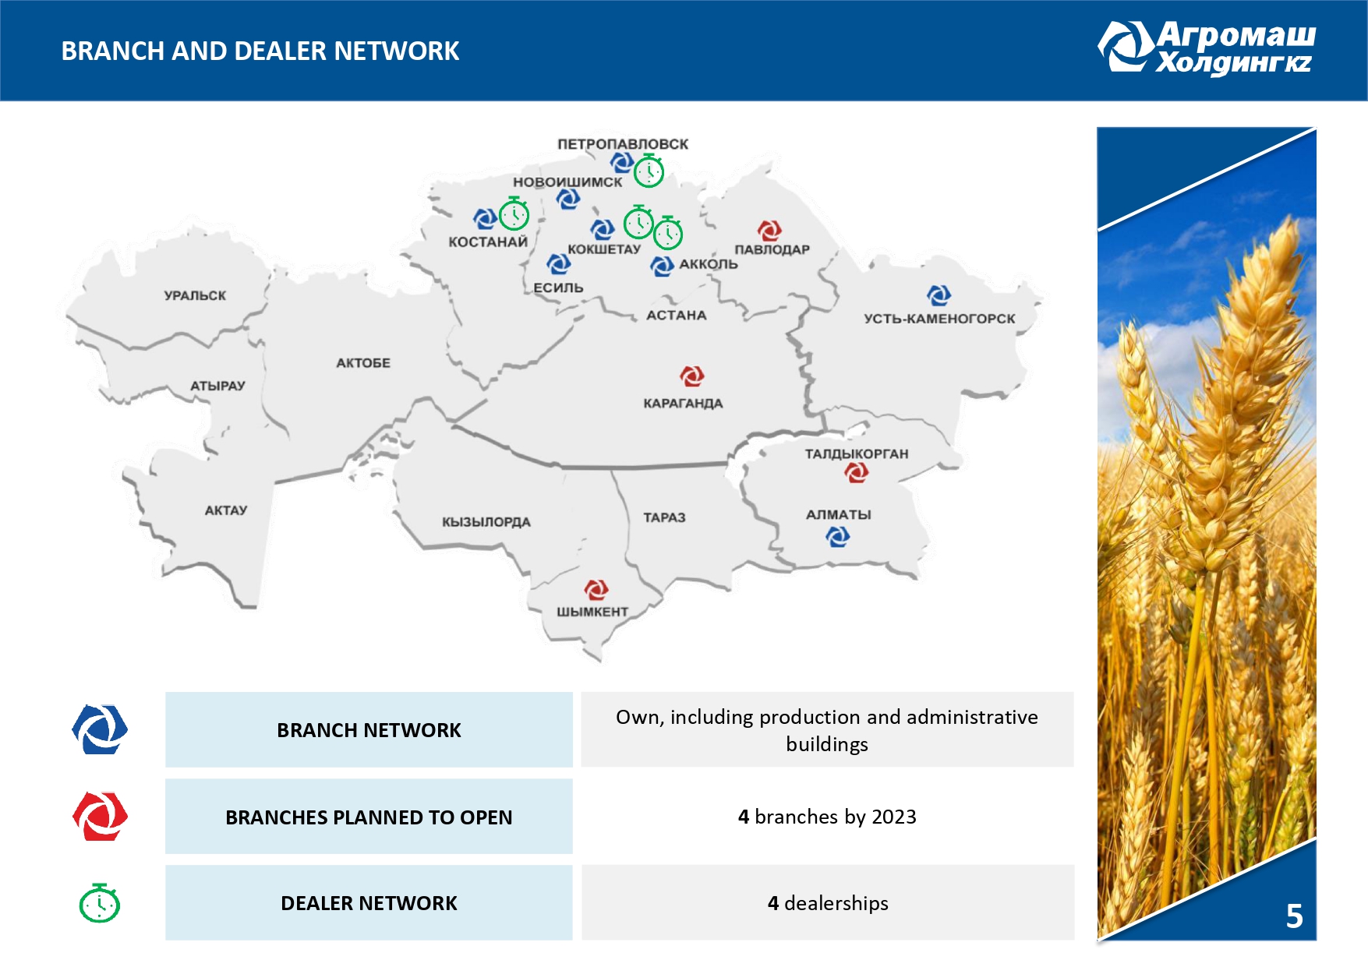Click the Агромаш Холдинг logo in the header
(1207, 48)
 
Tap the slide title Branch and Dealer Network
(260, 51)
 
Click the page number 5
(1294, 916)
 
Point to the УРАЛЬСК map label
(195, 295)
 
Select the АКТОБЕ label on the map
(363, 362)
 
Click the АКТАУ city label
(226, 510)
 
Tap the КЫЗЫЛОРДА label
(486, 522)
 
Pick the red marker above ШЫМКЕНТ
(596, 589)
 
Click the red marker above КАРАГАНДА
(692, 376)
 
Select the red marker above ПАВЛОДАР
(769, 230)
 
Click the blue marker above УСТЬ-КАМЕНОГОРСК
(939, 295)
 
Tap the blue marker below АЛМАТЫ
(838, 536)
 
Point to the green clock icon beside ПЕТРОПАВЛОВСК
(649, 171)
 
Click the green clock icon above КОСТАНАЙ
(514, 214)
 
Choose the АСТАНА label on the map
(677, 316)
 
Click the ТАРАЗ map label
(664, 517)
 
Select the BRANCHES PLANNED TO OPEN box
(369, 817)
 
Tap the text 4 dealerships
(828, 903)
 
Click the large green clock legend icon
(100, 904)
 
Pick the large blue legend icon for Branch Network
(100, 729)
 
